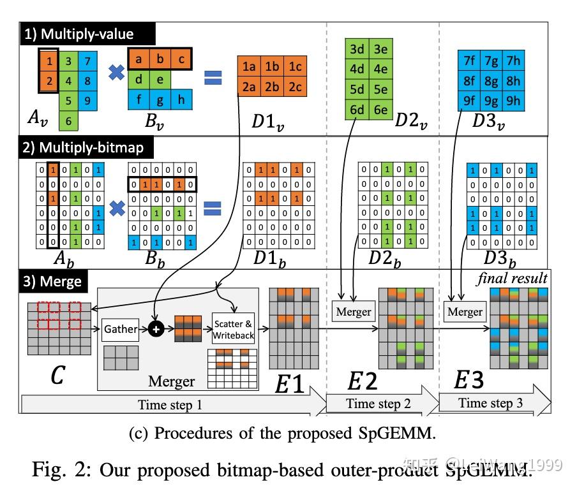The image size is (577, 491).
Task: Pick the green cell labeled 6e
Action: pos(380,110)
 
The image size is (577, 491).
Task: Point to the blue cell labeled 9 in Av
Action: pos(87,100)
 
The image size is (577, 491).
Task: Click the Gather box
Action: pos(121,328)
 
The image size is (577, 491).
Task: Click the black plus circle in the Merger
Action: pos(155,329)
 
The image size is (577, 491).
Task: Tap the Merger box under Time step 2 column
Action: pos(353,312)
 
